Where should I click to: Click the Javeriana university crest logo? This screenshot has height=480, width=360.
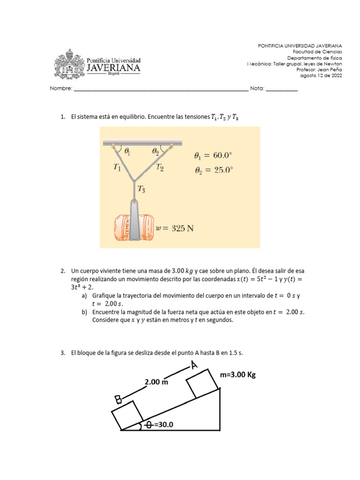70,64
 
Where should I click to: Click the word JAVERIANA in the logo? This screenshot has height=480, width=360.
113,68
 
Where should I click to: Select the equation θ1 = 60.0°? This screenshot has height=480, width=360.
213,156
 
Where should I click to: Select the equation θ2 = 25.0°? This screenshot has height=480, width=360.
213,171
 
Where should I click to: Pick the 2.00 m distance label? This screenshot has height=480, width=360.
156,382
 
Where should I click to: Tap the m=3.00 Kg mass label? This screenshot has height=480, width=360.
238,375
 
